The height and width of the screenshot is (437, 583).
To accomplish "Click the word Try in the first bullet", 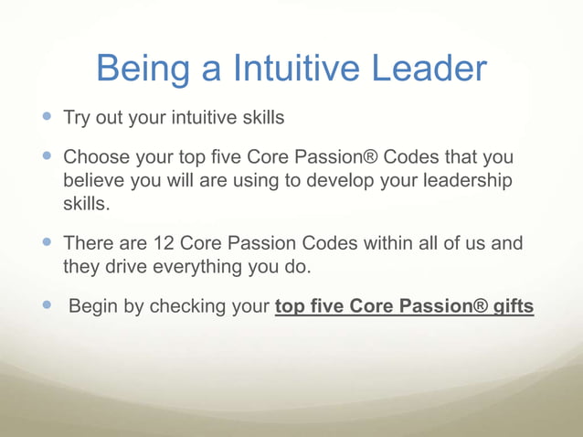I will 76,119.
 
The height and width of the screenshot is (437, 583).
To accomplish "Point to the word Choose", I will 97,158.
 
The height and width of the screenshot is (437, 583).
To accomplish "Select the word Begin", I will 93,307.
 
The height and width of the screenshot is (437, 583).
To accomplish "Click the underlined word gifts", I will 513,307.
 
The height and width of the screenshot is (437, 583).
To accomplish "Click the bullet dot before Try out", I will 48,118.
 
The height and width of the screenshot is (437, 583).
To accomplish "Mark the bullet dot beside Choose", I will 48,157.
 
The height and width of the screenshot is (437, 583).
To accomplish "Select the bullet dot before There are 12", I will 48,243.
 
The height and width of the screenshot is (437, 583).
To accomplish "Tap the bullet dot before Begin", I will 48,306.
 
